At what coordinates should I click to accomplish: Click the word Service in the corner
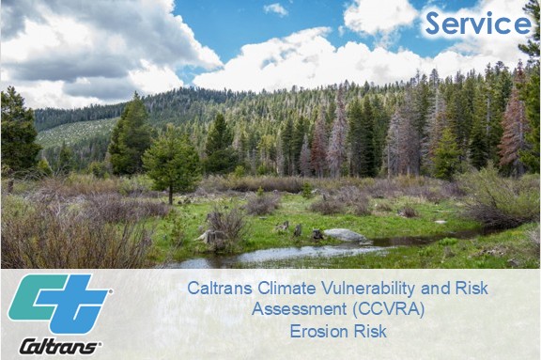[x=478, y=23]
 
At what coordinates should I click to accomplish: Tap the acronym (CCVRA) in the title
[x=389, y=309]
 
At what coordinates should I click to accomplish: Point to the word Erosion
[x=316, y=331]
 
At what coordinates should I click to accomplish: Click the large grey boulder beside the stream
[x=345, y=235]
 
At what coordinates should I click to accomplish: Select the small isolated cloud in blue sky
[x=276, y=9]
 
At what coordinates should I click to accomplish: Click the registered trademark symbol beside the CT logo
[x=111, y=291]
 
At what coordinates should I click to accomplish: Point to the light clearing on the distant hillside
[x=76, y=132]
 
